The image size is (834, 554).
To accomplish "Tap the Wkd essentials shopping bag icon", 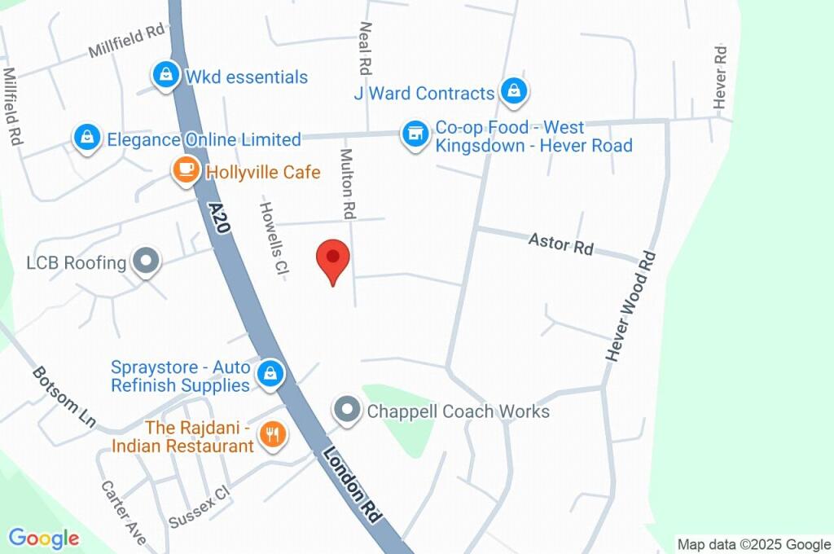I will (x=166, y=77).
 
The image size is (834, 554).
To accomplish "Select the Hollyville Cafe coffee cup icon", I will (x=186, y=171).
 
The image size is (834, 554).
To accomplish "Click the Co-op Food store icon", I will (x=415, y=135).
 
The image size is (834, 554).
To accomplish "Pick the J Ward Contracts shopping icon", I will (x=513, y=92).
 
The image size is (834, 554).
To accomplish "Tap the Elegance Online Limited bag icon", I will (x=86, y=138).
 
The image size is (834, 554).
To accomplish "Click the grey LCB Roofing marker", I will (x=147, y=262).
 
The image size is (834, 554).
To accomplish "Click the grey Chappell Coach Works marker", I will (x=348, y=411).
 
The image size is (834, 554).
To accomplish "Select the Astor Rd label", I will (x=561, y=244).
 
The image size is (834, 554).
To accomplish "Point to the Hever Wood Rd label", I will (x=631, y=306).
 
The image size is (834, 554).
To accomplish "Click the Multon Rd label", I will (x=348, y=184).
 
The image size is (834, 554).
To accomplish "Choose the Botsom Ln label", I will (x=64, y=398).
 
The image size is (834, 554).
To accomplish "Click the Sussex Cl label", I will (x=200, y=508).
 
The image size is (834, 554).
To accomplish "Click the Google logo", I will (x=44, y=538).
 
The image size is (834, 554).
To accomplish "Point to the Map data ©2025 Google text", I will (x=753, y=544).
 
